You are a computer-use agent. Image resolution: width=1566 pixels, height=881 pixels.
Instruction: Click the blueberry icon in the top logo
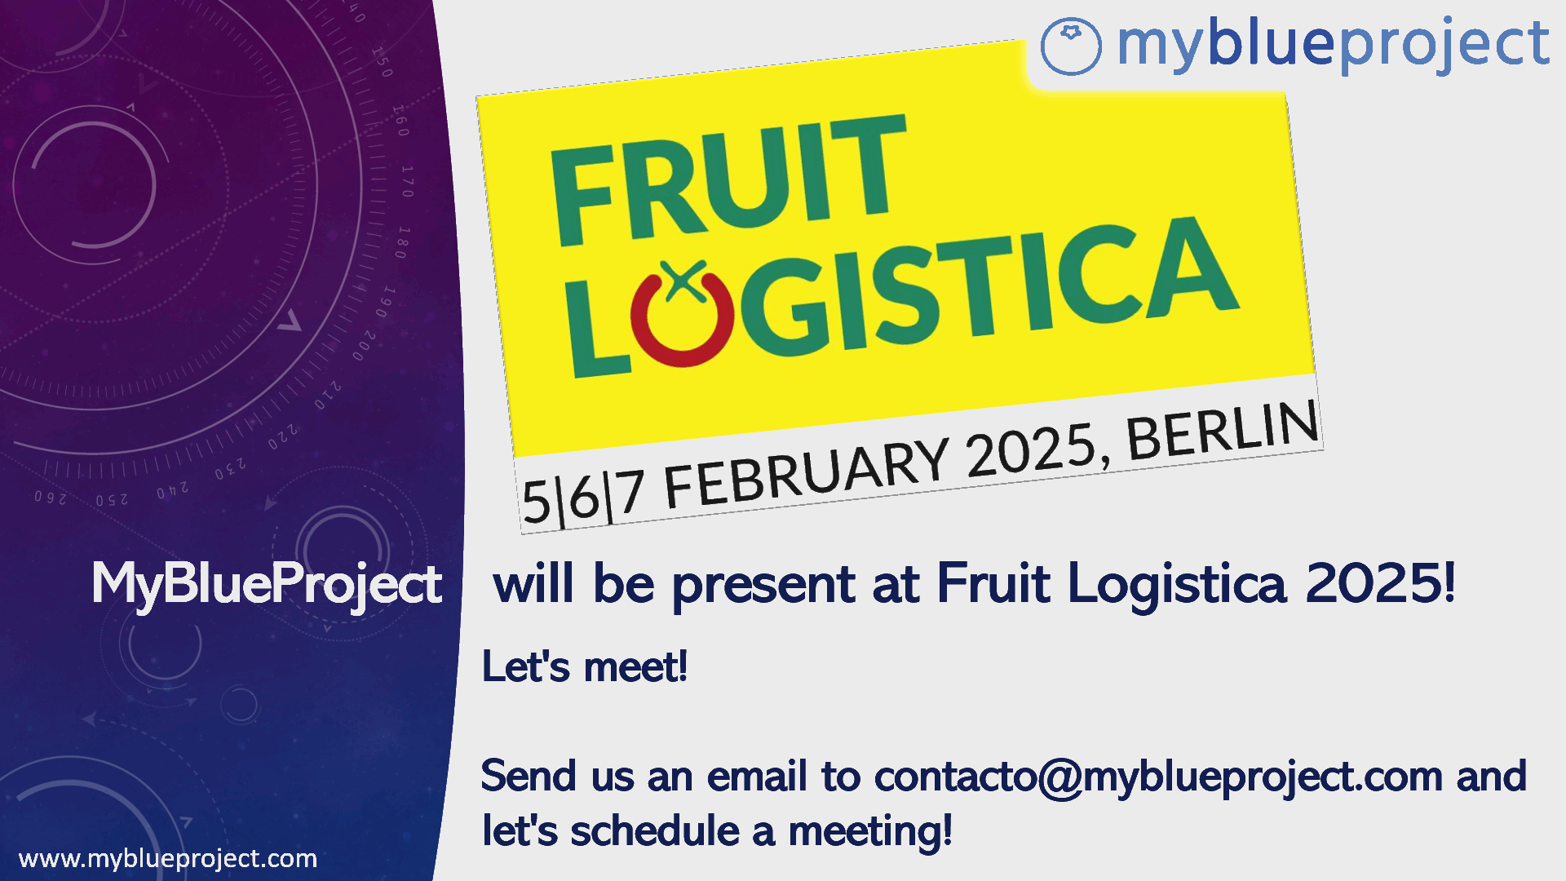click(x=1071, y=46)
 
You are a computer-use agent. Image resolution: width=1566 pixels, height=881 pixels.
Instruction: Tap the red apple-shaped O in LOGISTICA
click(x=682, y=314)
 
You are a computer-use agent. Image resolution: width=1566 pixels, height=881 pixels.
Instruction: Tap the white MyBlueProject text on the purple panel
click(x=267, y=585)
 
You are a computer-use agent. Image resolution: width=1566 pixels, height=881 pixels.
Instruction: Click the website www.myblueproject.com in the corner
click(x=168, y=859)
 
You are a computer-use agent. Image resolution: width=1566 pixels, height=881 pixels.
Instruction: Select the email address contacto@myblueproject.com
click(x=1158, y=777)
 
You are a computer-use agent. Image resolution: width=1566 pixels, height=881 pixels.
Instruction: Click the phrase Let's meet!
click(x=585, y=666)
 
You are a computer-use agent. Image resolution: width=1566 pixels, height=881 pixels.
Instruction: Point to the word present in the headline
click(x=763, y=585)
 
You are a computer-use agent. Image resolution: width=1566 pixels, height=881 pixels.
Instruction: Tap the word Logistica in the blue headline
click(x=1176, y=585)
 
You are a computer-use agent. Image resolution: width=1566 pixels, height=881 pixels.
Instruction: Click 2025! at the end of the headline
click(x=1380, y=582)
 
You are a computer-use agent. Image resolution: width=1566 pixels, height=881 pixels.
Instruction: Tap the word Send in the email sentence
click(x=529, y=776)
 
